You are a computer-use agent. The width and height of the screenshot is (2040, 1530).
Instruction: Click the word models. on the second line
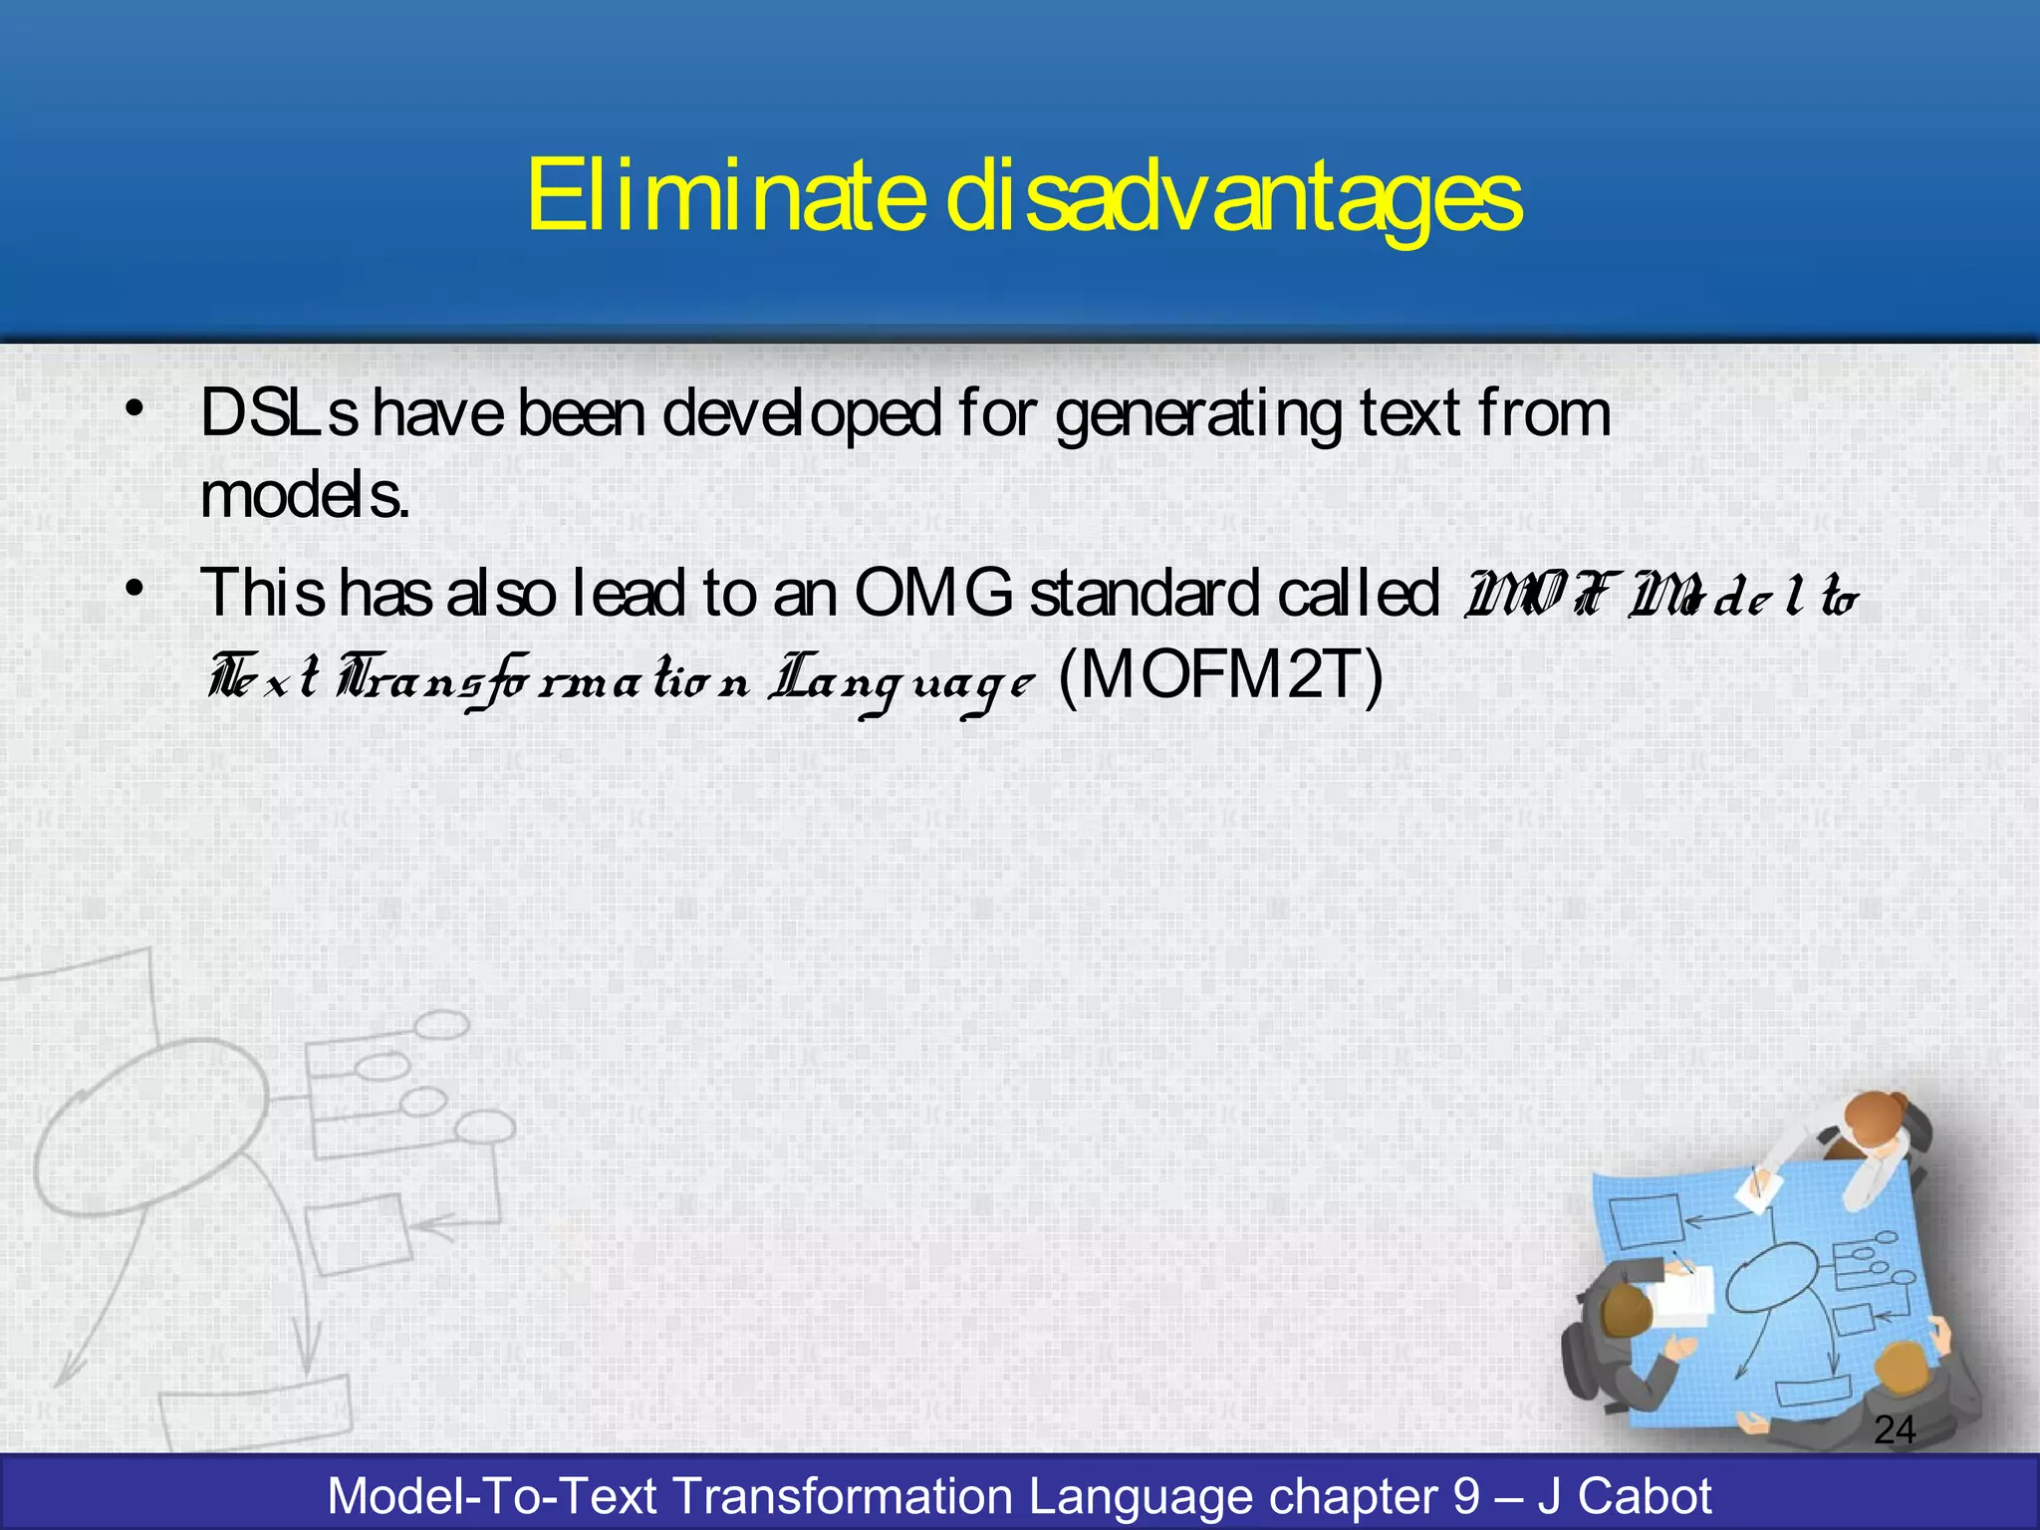[x=305, y=494]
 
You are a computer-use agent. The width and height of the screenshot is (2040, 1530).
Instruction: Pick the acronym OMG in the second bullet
[x=932, y=593]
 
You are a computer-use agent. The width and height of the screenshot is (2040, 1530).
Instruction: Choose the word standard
[x=1145, y=593]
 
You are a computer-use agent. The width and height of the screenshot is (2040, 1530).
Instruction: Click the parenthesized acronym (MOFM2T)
[x=1221, y=676]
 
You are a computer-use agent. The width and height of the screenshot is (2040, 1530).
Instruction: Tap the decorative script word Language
[x=901, y=682]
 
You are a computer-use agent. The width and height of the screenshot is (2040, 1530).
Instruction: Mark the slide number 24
[x=1894, y=1430]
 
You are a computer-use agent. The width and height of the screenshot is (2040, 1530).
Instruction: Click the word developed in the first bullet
[x=801, y=414]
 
